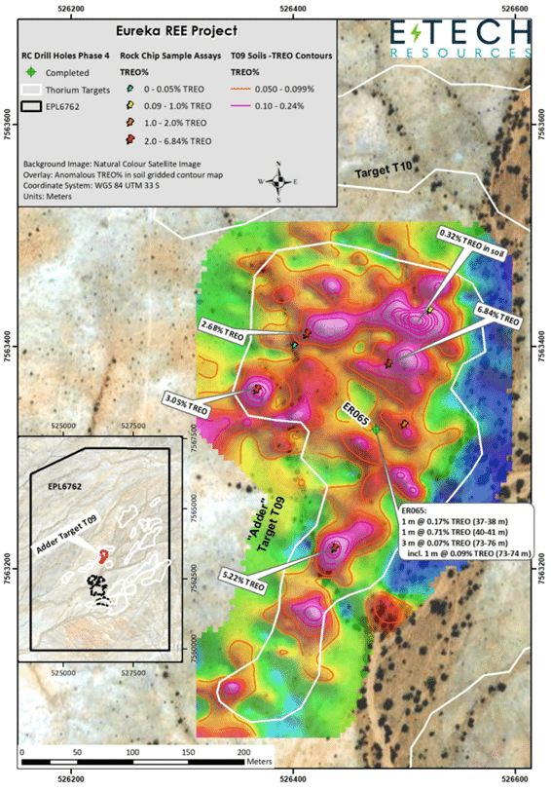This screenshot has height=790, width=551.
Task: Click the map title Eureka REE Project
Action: pos(178,31)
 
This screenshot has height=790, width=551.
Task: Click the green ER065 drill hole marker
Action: pos(377,429)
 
